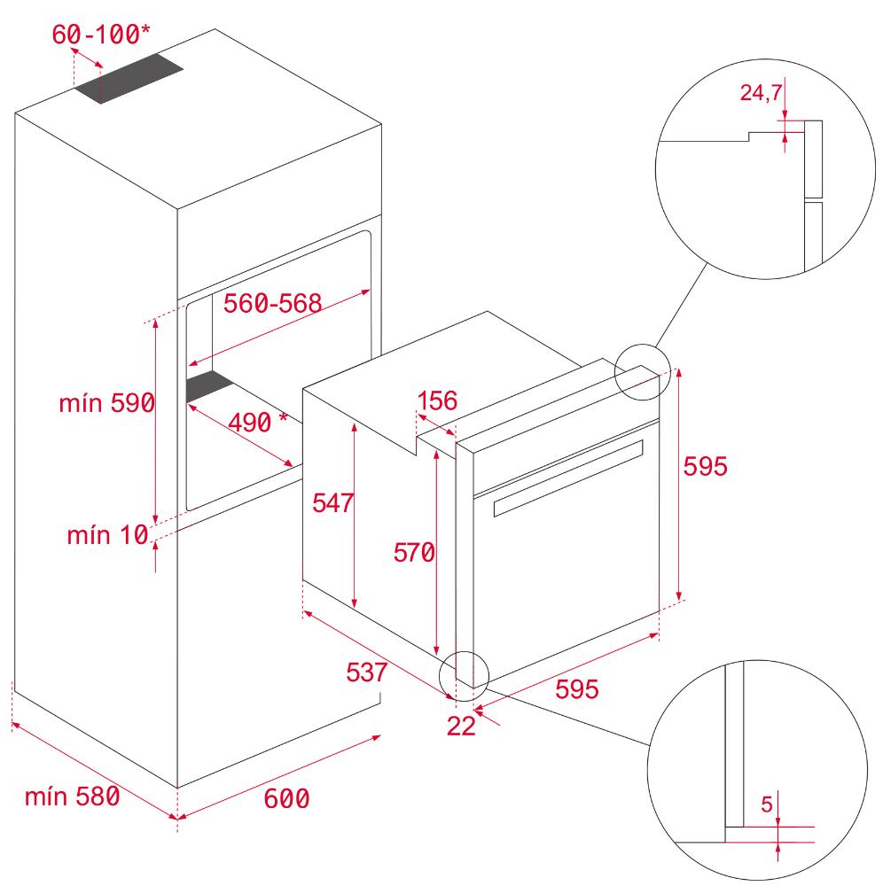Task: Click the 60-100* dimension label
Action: (x=101, y=34)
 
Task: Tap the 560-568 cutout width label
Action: (x=272, y=303)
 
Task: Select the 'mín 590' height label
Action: (x=107, y=403)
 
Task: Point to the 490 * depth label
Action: (x=258, y=422)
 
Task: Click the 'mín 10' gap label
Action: (x=107, y=534)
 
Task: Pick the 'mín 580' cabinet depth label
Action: (x=73, y=797)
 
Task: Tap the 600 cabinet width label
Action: (x=286, y=798)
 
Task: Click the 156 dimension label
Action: (x=437, y=400)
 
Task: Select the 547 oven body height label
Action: (x=333, y=502)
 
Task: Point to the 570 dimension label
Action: (x=414, y=552)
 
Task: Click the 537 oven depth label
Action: (x=367, y=672)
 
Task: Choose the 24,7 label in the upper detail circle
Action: (x=761, y=93)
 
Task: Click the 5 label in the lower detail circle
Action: (x=767, y=804)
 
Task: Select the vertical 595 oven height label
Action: (x=706, y=466)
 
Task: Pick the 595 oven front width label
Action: (x=576, y=688)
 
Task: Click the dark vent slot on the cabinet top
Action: (x=129, y=78)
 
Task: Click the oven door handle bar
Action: (x=568, y=478)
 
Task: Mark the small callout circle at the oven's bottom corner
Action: (x=464, y=652)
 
